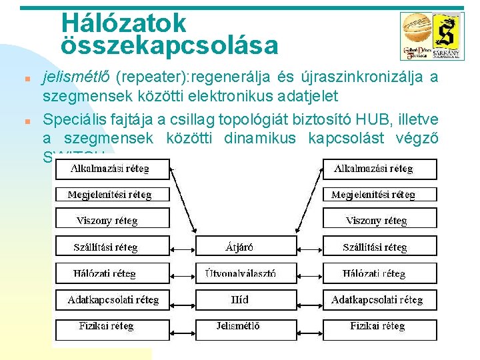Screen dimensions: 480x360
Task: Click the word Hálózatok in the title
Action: (124, 23)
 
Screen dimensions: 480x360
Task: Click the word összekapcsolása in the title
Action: (169, 46)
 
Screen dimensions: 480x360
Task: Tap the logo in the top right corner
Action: (431, 37)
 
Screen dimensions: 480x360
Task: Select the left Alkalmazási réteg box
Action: (111, 169)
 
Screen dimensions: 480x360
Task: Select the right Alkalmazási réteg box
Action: (380, 169)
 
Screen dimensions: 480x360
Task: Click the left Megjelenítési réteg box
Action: (111, 195)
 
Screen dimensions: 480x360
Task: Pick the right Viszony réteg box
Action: (380, 221)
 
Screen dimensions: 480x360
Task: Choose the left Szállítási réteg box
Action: (111, 247)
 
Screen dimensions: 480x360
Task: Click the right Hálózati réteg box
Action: (380, 273)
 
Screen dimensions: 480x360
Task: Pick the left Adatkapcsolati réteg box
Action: (111, 300)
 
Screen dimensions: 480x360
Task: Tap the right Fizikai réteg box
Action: (380, 327)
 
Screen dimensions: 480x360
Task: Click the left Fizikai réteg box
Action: (111, 327)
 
